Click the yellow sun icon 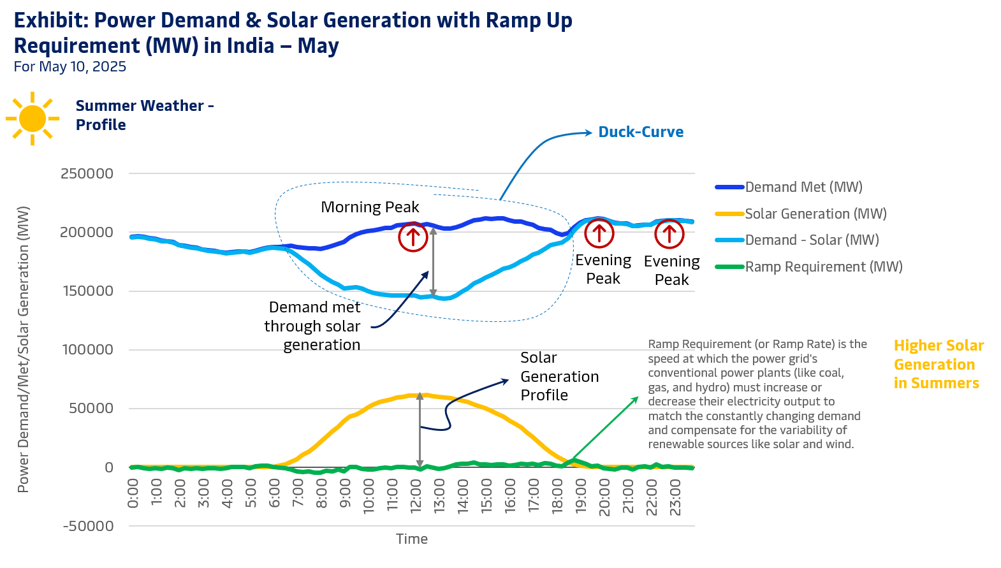(x=33, y=119)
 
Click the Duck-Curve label (x=640, y=132)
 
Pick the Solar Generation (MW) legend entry (x=815, y=214)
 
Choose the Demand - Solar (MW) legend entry (x=811, y=240)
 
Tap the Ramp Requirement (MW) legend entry (x=822, y=267)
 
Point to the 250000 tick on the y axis (x=87, y=173)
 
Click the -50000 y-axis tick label (x=88, y=526)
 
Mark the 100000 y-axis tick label (x=87, y=349)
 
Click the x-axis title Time (x=412, y=539)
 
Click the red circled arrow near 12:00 (x=413, y=237)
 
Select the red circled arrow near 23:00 (x=669, y=234)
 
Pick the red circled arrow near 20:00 (x=599, y=233)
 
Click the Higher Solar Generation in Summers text (x=938, y=364)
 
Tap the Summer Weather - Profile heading (x=144, y=115)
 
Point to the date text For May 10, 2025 (x=70, y=67)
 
